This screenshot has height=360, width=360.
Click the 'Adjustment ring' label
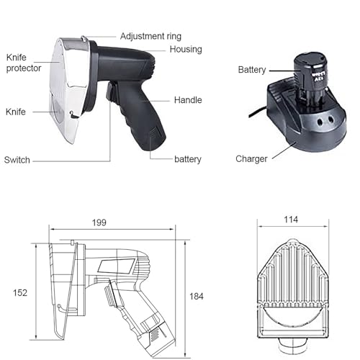point(150,36)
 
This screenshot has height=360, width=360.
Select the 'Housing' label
point(186,49)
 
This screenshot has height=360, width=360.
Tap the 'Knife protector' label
point(24,63)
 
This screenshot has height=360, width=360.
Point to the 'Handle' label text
point(188,100)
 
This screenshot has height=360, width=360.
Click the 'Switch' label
point(17,160)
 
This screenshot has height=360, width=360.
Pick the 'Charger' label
point(251,159)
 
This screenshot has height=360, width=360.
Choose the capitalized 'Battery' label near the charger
point(252,70)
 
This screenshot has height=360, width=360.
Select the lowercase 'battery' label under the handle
point(188,159)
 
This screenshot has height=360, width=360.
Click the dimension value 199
point(99,222)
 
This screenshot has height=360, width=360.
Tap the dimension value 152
point(20,293)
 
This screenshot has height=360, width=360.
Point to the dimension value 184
point(197,297)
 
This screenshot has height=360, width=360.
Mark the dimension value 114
point(291,220)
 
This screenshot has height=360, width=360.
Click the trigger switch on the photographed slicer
point(111,92)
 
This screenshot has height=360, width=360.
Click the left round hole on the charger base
point(320,122)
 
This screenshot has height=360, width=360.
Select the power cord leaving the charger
point(258,112)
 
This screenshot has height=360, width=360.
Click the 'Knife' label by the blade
point(16,112)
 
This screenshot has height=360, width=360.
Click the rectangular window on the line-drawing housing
point(117,266)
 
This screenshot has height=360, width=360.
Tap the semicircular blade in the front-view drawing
point(292,317)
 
